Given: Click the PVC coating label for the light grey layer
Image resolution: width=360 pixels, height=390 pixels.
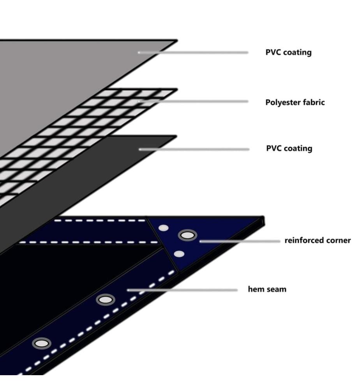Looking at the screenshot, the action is click(x=288, y=53).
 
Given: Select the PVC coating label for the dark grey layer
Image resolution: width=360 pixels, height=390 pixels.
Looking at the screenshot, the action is click(x=289, y=149).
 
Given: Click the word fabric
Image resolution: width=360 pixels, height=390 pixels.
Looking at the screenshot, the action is click(x=311, y=102).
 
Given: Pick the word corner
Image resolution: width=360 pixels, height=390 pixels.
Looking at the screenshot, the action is click(x=339, y=241).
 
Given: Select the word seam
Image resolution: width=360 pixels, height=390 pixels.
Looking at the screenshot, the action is click(x=275, y=289).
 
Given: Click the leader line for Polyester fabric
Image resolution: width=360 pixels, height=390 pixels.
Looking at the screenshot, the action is click(x=193, y=101).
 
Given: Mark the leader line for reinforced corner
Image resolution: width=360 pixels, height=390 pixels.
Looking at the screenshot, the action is click(x=240, y=241).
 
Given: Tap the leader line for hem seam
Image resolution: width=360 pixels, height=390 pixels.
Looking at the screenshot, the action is click(x=182, y=290).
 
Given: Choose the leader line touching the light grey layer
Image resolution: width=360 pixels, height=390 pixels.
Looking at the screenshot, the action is click(x=193, y=53).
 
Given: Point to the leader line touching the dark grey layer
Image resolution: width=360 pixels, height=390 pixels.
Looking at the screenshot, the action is click(x=194, y=149).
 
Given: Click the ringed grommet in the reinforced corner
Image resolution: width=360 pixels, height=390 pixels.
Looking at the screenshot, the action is click(x=187, y=235).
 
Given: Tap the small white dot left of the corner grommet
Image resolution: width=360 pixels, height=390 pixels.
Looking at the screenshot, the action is click(x=164, y=228).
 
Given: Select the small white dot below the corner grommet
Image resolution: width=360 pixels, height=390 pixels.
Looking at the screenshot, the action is click(x=179, y=254).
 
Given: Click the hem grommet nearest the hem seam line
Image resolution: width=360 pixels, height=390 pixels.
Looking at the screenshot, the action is click(x=106, y=300).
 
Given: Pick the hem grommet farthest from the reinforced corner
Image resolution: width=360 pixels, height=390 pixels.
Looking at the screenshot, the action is click(x=42, y=344).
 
